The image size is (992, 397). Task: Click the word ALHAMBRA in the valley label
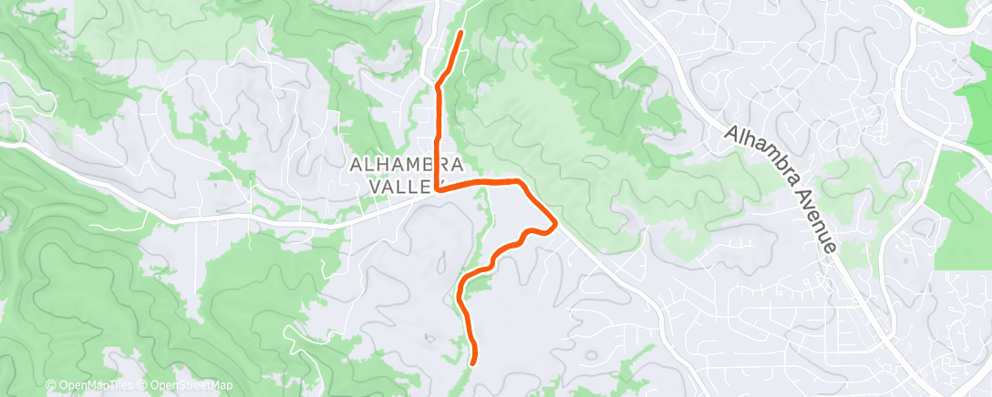[408, 165]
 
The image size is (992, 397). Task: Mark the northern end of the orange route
[460, 33]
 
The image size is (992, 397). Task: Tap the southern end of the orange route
[475, 363]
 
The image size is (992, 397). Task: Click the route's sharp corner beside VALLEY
[438, 190]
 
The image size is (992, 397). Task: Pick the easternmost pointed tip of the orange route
[555, 222]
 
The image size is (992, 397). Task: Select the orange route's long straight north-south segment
[438, 137]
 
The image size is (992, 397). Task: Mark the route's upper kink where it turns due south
[439, 87]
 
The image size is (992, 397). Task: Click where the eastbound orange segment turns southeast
[522, 183]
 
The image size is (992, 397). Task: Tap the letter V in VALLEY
[380, 186]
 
